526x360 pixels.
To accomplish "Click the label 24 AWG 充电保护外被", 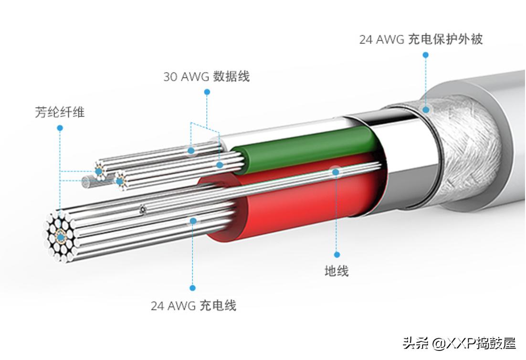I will click(x=421, y=39).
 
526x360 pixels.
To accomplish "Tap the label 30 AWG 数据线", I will click(x=206, y=76).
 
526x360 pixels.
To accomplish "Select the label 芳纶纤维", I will click(x=60, y=113).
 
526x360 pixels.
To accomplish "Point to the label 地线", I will click(x=337, y=271).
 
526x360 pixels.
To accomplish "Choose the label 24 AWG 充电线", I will click(x=193, y=306).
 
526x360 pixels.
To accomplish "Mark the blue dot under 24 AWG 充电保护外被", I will click(x=425, y=55).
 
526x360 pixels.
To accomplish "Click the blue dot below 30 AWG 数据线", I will click(x=207, y=91).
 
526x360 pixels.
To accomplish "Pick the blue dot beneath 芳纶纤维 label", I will click(x=60, y=128).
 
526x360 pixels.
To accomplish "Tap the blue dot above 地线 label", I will click(x=337, y=254).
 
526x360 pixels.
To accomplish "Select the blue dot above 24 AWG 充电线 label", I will click(x=193, y=288).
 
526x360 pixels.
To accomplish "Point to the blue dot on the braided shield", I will click(x=425, y=109).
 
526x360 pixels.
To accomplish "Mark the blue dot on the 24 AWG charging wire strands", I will click(x=193, y=221).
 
